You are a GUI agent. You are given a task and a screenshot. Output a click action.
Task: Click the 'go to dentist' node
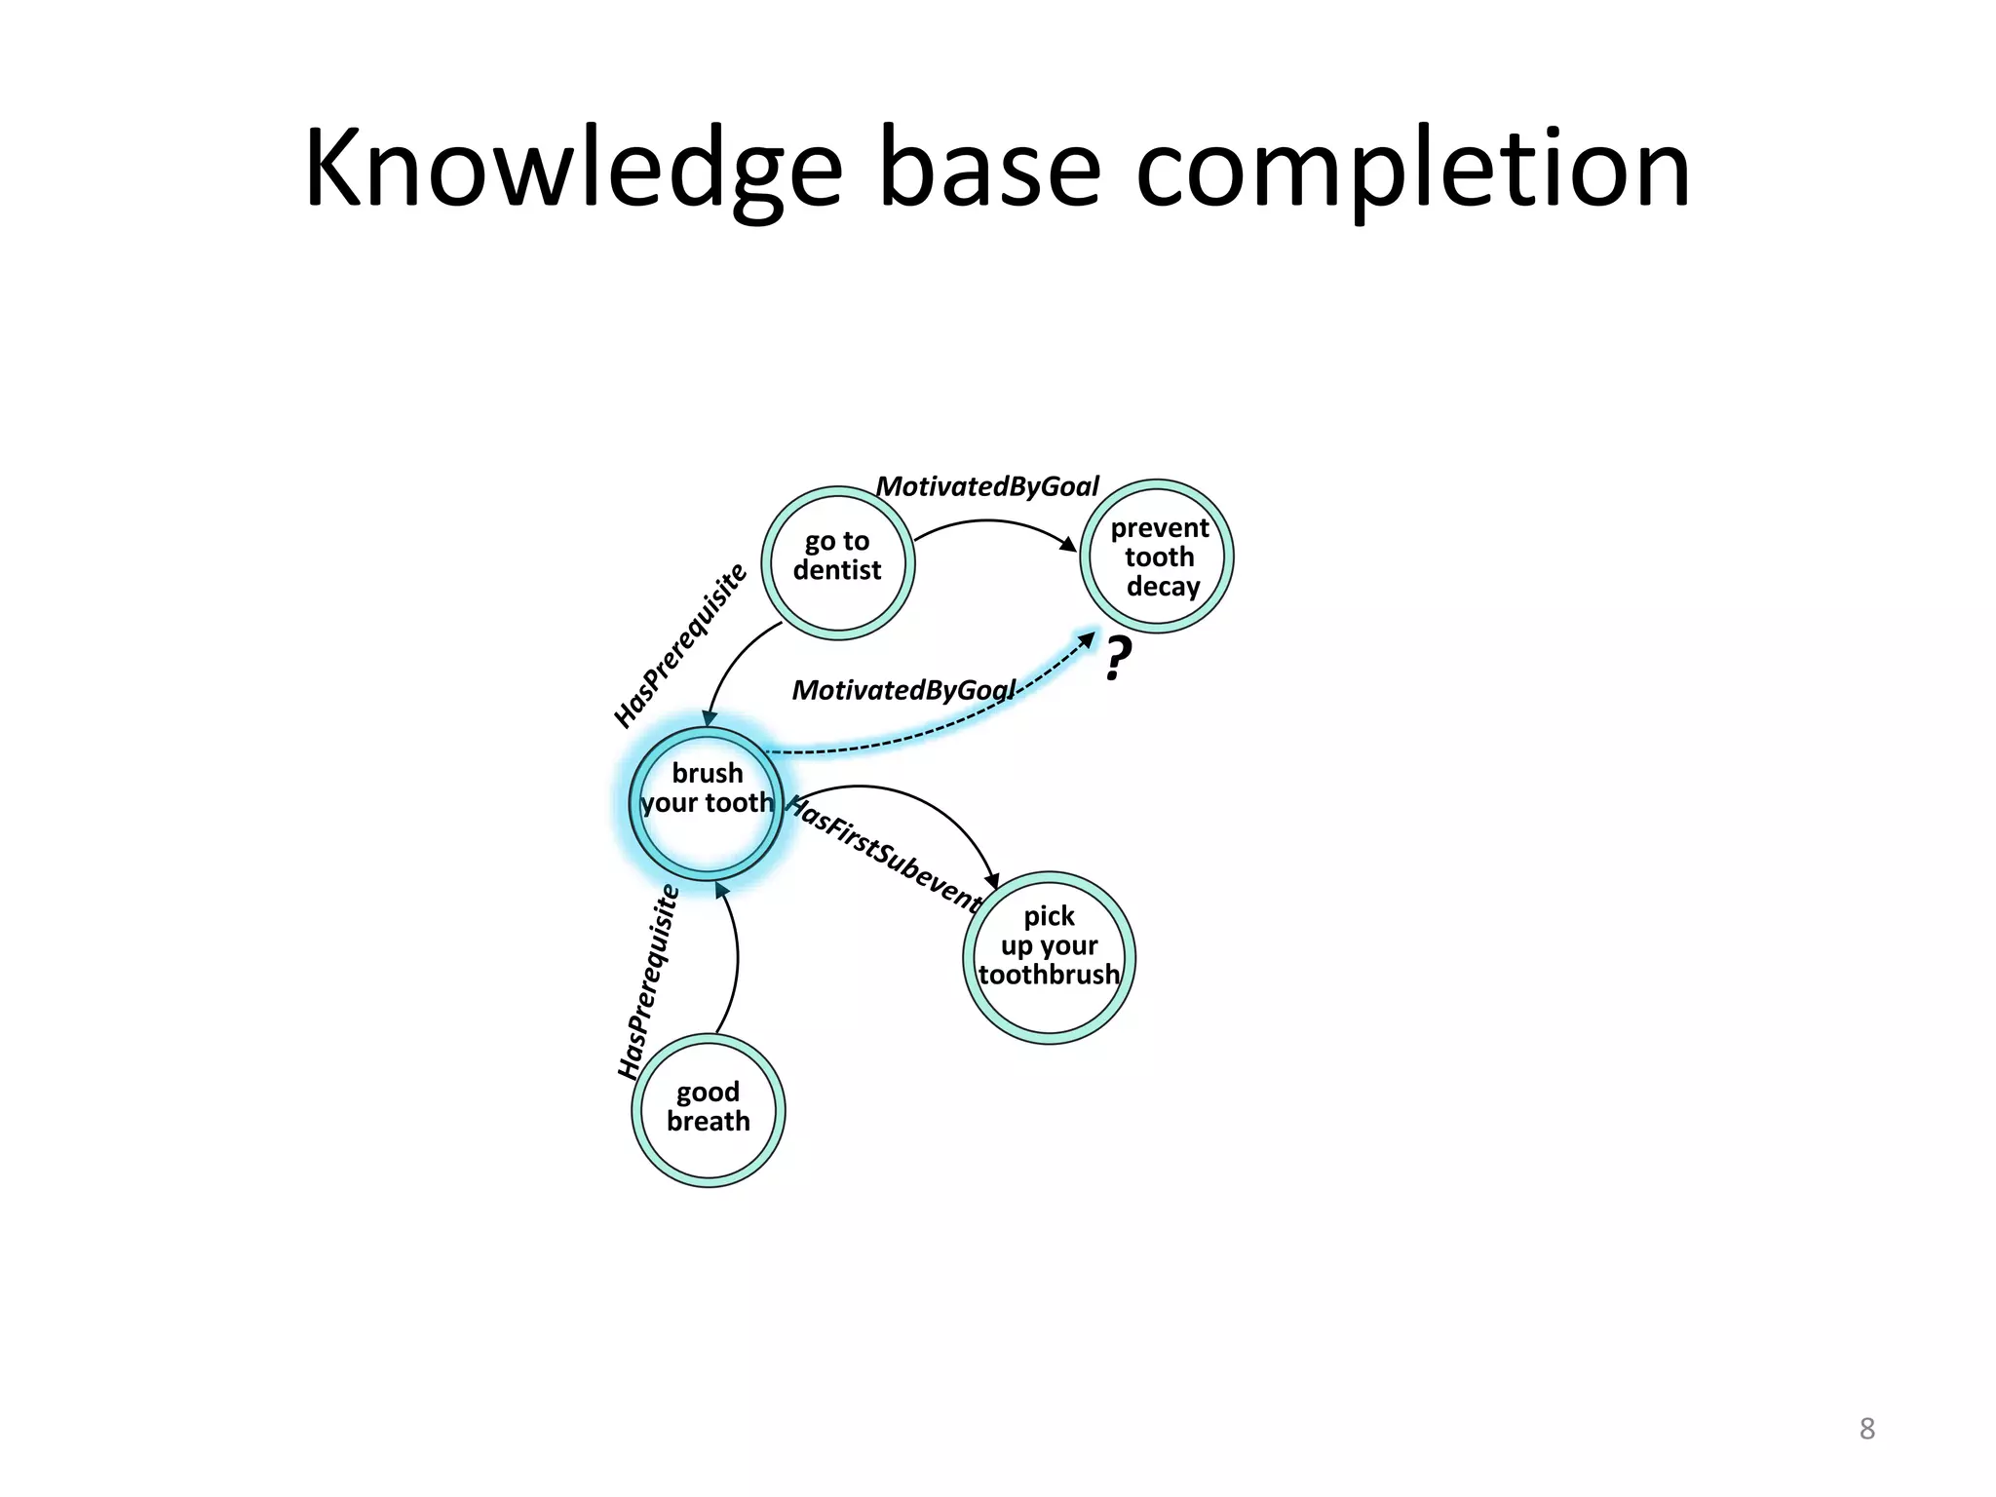pos(837,562)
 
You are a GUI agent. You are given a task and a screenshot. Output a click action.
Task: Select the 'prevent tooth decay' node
pos(1157,557)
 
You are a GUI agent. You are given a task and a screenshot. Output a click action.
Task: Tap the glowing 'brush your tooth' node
pos(707,802)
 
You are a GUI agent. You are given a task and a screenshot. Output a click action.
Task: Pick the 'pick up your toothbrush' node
pos(1049,957)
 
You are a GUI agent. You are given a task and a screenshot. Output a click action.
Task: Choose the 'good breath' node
pos(709,1109)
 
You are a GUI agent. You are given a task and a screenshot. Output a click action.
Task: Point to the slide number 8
pos(1866,1429)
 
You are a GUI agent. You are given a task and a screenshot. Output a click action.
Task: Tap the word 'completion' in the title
pos(1412,168)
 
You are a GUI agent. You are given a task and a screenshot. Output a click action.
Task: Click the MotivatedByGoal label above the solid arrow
pos(987,486)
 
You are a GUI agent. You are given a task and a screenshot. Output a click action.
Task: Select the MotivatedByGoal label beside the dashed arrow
pos(903,690)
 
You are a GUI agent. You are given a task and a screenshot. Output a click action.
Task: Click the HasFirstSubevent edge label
pos(884,854)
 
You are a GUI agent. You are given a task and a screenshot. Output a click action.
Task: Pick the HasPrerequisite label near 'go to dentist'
pos(680,645)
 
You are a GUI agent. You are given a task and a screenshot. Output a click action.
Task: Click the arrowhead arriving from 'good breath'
pos(721,891)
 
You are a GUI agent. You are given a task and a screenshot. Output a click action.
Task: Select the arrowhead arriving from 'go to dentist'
pos(710,717)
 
